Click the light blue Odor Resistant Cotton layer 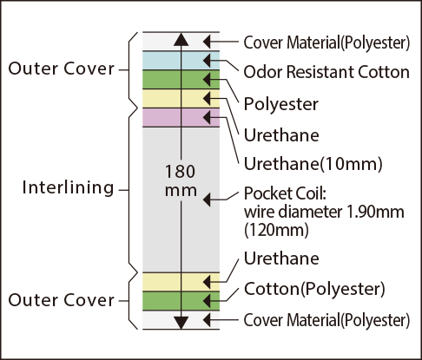[181, 61]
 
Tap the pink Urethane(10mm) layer [181, 118]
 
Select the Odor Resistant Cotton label [326, 72]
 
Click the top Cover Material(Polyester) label [326, 43]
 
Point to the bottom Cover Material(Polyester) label [326, 320]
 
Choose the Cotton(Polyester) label [314, 289]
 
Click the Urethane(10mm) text [313, 164]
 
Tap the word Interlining [68, 187]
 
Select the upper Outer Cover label [62, 69]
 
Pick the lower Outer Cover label [62, 300]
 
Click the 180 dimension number [180, 171]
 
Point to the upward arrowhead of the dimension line [181, 39]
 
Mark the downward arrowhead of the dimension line [181, 323]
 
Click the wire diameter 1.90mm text [324, 212]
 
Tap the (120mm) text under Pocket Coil [276, 231]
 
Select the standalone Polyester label [281, 104]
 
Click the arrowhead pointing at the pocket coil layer [207, 200]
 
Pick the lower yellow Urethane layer [181, 282]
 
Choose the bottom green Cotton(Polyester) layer [181, 301]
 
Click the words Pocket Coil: [285, 193]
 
